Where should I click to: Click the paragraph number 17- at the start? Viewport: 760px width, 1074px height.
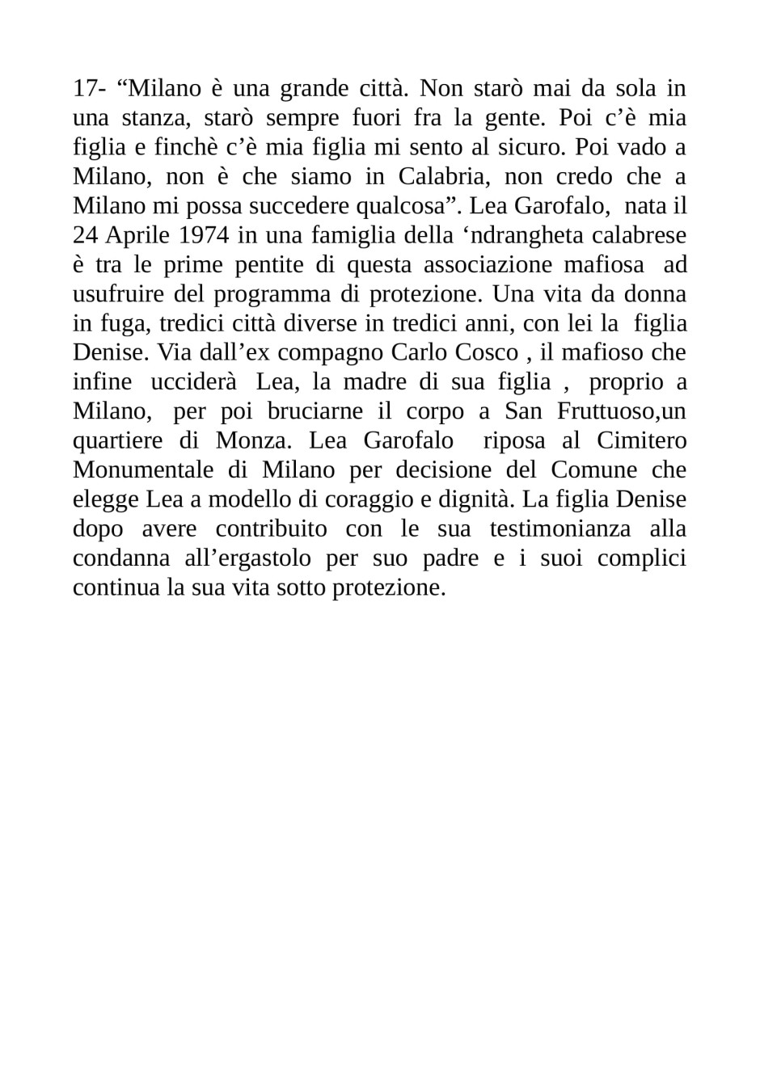[89, 88]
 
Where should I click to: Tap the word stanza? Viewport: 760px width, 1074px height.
[155, 118]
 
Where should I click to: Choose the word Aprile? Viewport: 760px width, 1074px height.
[123, 235]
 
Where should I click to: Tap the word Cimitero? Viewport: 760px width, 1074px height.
[641, 441]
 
